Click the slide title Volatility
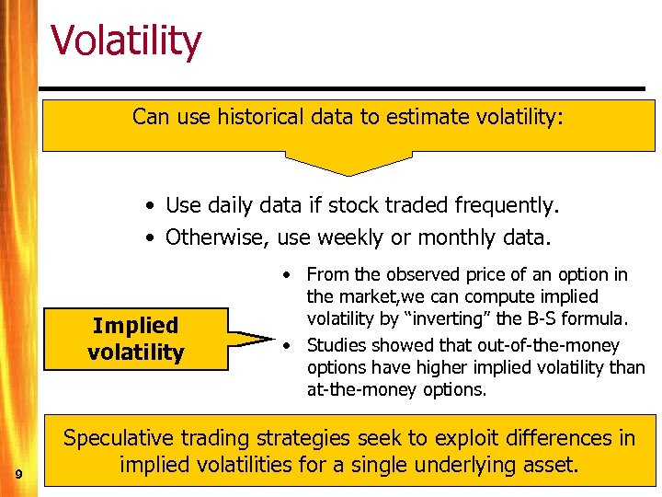[x=125, y=42]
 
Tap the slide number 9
[x=18, y=474]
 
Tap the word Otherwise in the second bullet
[x=217, y=237]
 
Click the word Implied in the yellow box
[x=136, y=325]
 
